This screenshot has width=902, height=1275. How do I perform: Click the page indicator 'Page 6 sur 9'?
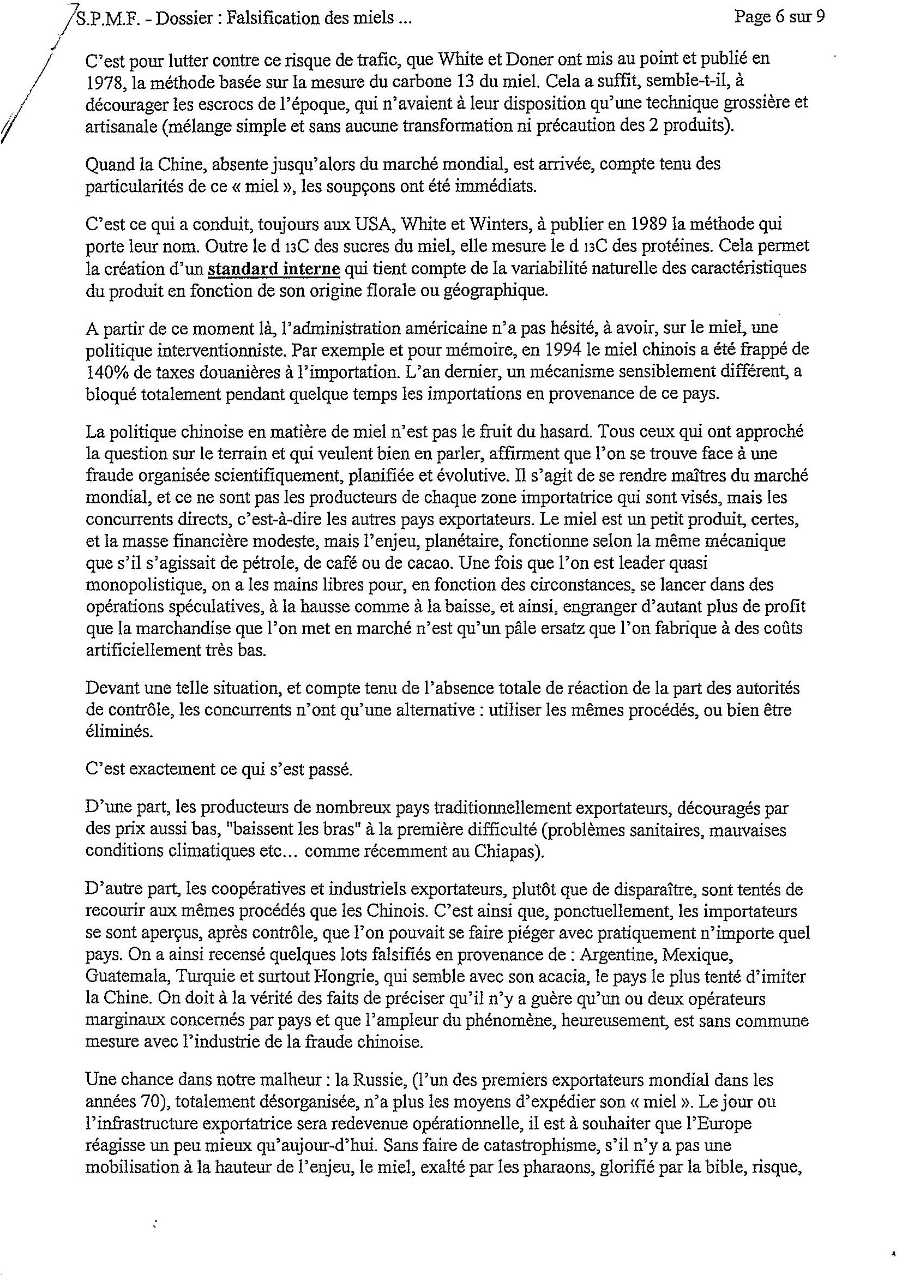[x=779, y=17]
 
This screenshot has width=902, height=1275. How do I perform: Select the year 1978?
[x=103, y=82]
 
